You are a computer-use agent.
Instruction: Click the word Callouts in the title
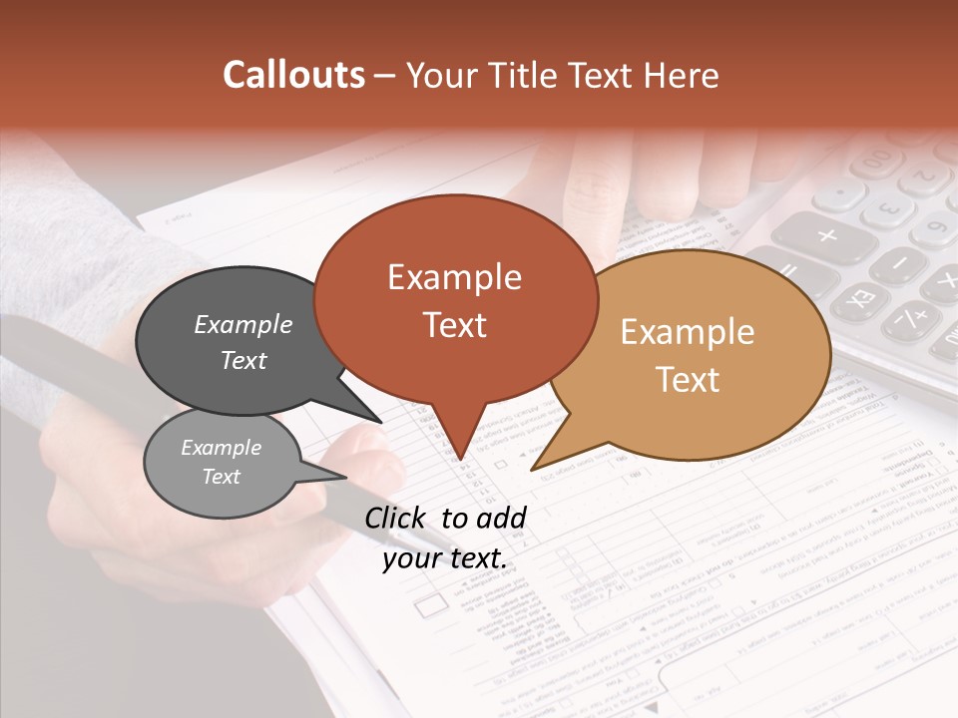pyautogui.click(x=293, y=75)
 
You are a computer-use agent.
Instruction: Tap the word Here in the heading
pyautogui.click(x=683, y=75)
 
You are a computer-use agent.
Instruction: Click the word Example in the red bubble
pyautogui.click(x=454, y=277)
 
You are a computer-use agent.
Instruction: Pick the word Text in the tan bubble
pyautogui.click(x=689, y=379)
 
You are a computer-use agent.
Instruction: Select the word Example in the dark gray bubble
pyautogui.click(x=243, y=324)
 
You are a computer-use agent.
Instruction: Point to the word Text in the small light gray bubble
pyautogui.click(x=222, y=476)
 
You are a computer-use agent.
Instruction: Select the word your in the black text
pyautogui.click(x=412, y=558)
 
